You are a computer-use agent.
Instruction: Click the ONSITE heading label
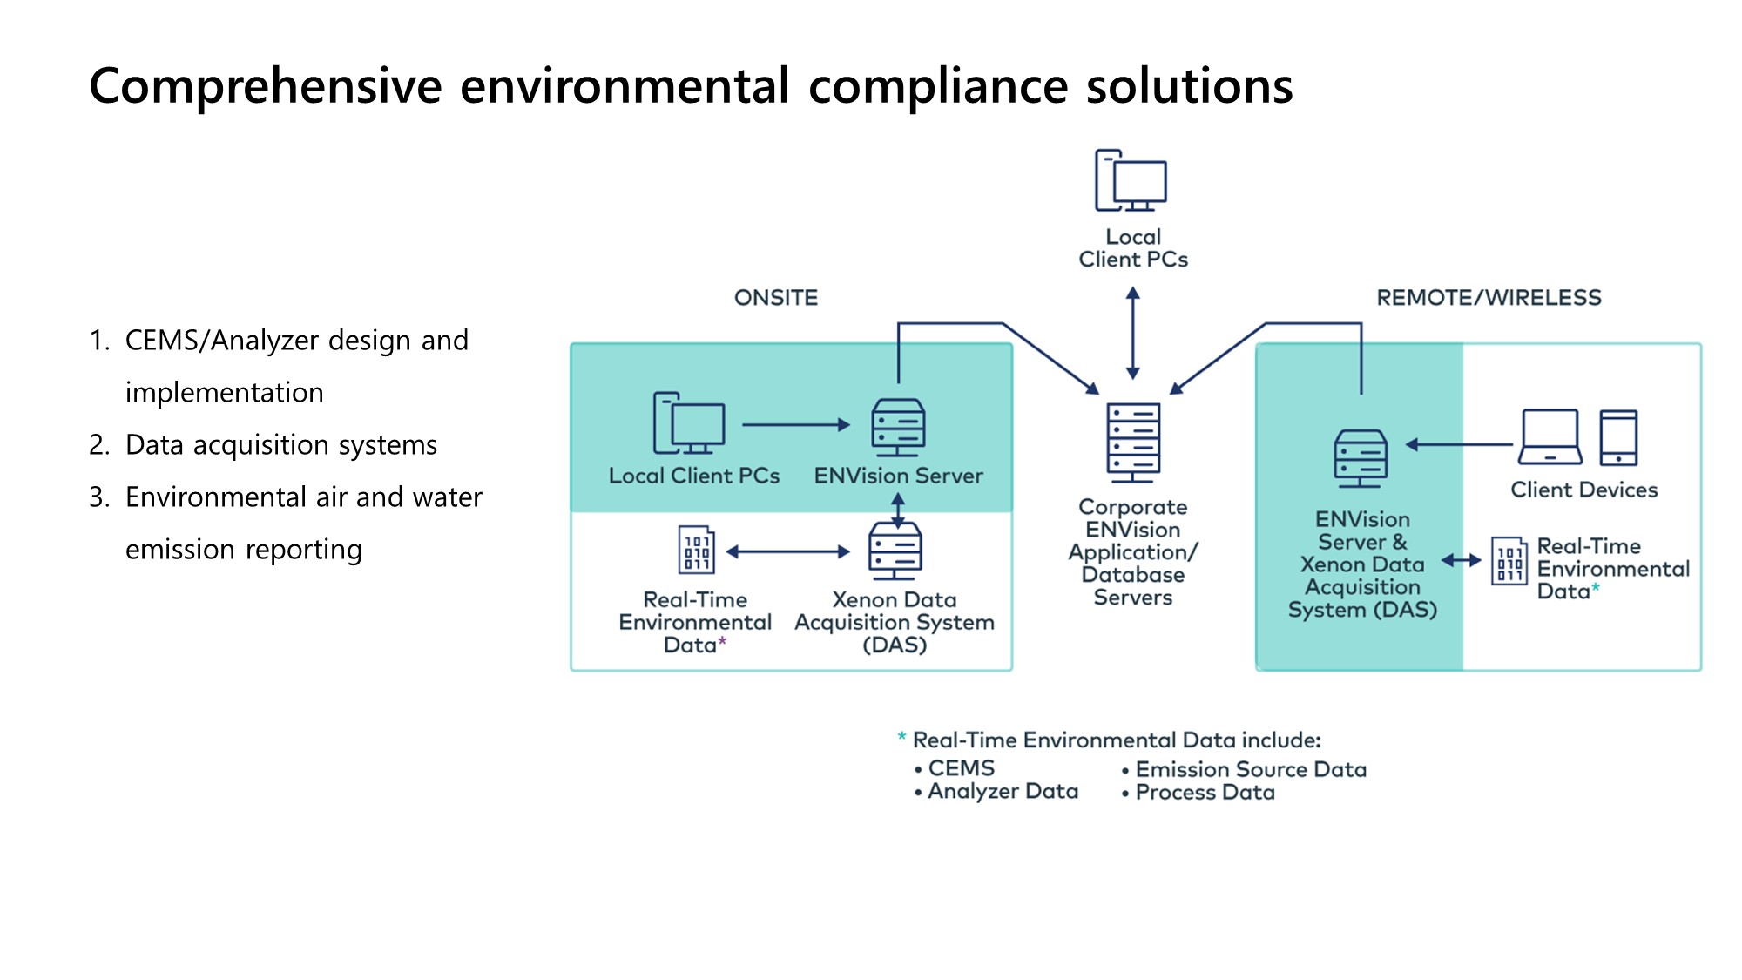tap(776, 298)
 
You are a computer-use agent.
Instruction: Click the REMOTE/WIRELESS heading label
tap(1489, 298)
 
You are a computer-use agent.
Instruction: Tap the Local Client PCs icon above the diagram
tap(1131, 181)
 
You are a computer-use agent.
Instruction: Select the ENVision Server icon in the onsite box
tap(898, 427)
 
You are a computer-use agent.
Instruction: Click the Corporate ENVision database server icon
tap(1132, 443)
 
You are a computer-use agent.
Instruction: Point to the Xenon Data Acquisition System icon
tap(895, 551)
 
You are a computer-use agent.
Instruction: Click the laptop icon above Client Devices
tap(1550, 437)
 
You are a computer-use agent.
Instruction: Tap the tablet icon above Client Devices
tap(1618, 437)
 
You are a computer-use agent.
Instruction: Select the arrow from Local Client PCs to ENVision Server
tap(795, 425)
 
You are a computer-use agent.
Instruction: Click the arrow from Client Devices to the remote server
tap(1459, 444)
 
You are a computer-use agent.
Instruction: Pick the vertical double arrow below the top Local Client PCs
tap(1132, 334)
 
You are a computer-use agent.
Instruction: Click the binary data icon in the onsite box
tap(697, 550)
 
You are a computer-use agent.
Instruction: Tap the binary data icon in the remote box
tap(1509, 561)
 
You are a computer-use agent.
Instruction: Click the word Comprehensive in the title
tap(266, 86)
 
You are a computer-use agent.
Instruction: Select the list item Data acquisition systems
tap(280, 445)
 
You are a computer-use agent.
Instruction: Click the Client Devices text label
tap(1583, 490)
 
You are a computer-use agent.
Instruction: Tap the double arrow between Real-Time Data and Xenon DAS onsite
tap(787, 551)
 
